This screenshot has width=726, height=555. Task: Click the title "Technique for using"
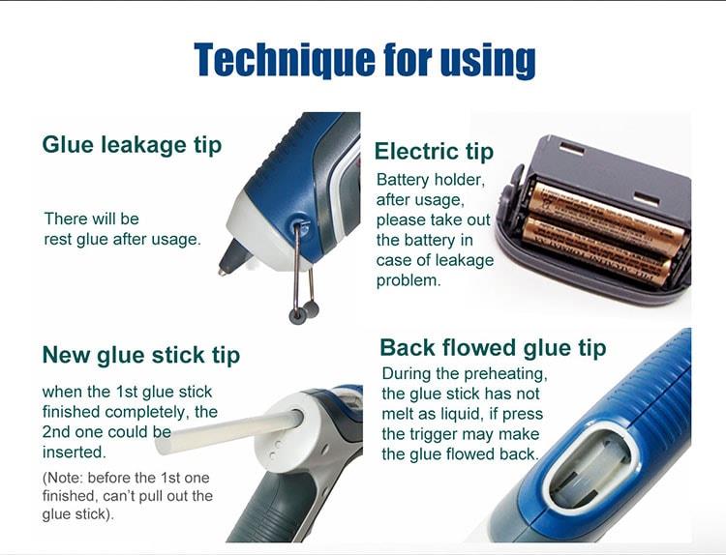(365, 60)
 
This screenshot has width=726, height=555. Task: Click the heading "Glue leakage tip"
(132, 145)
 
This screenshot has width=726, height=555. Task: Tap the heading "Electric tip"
(434, 152)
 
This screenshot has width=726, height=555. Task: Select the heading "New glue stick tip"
(141, 355)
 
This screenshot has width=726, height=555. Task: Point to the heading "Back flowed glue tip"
(493, 348)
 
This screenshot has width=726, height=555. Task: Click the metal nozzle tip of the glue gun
(224, 271)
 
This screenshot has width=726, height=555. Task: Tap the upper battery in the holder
(606, 214)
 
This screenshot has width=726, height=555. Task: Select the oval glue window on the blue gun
(589, 467)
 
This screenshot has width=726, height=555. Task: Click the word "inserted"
(74, 452)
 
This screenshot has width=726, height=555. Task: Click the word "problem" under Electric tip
(406, 280)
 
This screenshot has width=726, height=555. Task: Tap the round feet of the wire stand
(304, 312)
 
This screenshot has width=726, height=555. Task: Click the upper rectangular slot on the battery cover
(572, 149)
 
